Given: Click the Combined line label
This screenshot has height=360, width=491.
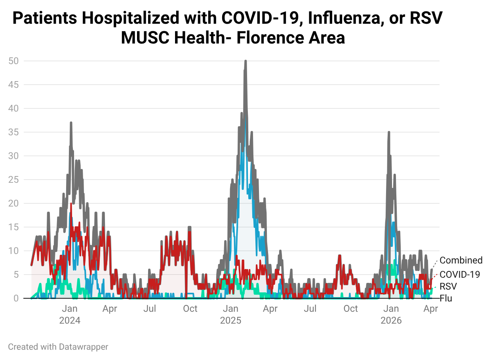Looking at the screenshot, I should (x=461, y=260).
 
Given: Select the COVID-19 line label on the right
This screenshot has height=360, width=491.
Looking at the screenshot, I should (x=460, y=275).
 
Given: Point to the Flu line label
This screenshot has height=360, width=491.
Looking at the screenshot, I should (x=446, y=298).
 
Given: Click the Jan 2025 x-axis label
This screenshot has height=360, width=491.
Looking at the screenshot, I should (x=231, y=315).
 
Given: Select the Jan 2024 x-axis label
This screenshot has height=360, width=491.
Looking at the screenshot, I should (x=70, y=315).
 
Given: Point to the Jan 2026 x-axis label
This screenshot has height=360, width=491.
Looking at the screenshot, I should (x=391, y=315).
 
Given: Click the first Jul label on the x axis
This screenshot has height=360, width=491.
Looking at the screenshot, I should (x=150, y=309).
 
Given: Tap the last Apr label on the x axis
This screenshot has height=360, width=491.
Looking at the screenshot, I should (x=431, y=309).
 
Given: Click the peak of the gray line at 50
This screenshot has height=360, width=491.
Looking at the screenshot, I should (x=246, y=61).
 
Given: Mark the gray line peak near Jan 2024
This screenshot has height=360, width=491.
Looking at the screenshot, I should (x=71, y=123).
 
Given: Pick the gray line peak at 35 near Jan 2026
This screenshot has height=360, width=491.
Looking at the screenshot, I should (x=389, y=133).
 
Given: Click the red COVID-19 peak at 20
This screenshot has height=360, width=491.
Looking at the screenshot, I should (x=71, y=204).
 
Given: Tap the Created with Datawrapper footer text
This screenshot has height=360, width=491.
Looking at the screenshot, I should (x=58, y=347).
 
